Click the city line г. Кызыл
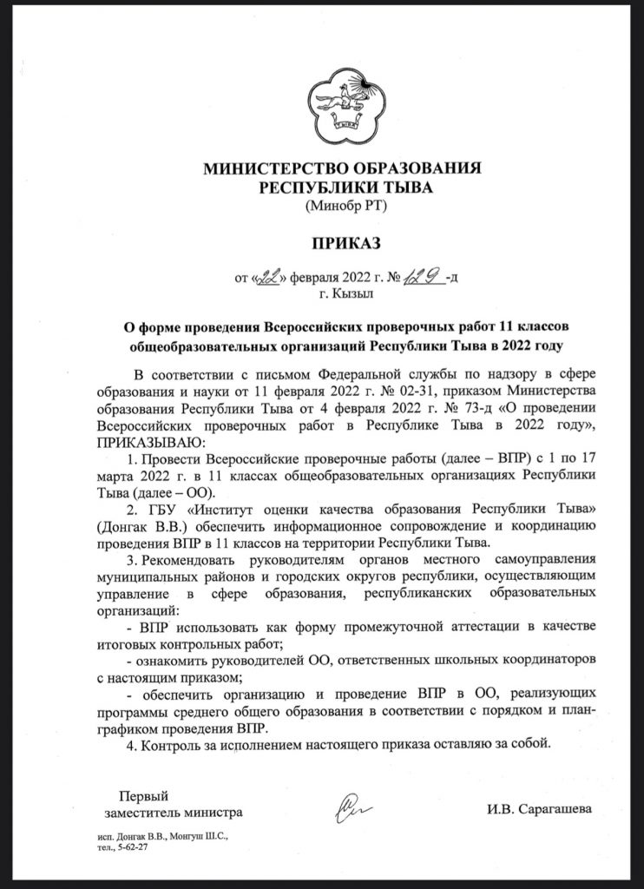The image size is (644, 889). click(339, 294)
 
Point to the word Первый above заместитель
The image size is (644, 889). click(142, 794)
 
